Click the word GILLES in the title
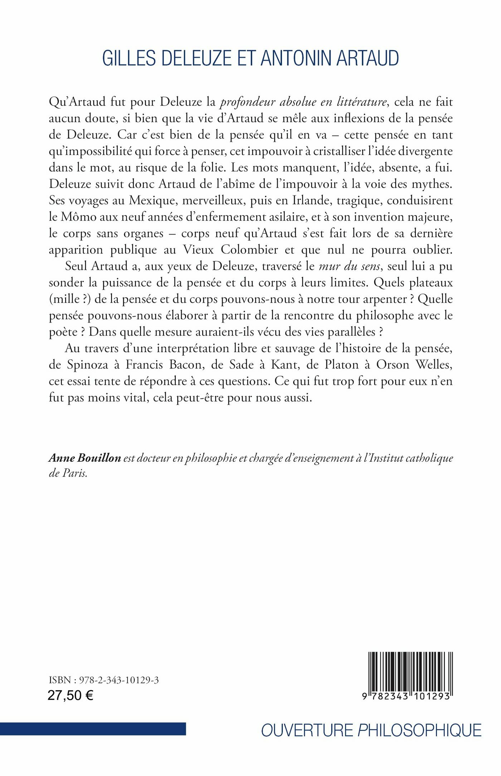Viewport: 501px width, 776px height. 129,58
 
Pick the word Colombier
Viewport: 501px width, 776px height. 249,249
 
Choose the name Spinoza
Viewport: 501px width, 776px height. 87,365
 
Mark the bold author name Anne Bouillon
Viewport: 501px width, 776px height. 85,458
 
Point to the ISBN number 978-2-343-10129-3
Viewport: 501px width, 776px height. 119,680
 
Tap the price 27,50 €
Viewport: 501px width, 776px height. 70,695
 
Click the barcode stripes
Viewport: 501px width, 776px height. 410,671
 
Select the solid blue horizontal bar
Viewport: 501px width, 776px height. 93,729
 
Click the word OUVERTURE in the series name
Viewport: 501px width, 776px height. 307,730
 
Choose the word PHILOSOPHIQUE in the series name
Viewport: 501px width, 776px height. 420,730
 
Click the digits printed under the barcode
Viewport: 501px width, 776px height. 406,696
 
